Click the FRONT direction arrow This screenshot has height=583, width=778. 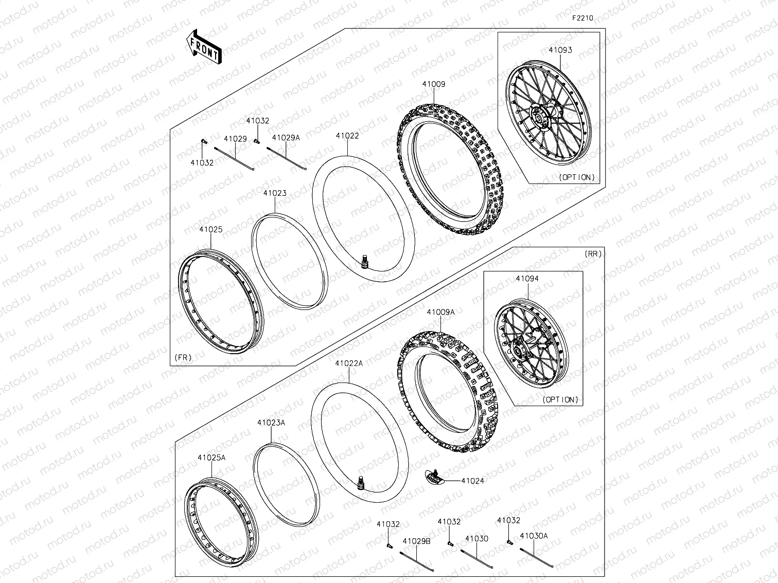(x=204, y=47)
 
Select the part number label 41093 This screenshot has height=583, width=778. (x=560, y=50)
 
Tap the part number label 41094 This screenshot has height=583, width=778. (x=527, y=279)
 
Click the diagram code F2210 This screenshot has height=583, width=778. (x=582, y=18)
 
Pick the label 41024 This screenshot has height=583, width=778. (x=472, y=481)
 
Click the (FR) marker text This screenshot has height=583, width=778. (x=183, y=357)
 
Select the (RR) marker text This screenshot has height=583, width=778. (x=593, y=254)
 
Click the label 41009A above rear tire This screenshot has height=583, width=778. (x=440, y=312)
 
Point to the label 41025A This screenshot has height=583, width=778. (x=211, y=457)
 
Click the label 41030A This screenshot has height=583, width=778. (x=534, y=536)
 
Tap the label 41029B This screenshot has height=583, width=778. (x=416, y=541)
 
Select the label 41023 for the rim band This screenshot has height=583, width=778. (x=275, y=193)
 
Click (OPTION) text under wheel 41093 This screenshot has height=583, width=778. (x=576, y=177)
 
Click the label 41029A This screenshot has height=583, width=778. (x=286, y=138)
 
